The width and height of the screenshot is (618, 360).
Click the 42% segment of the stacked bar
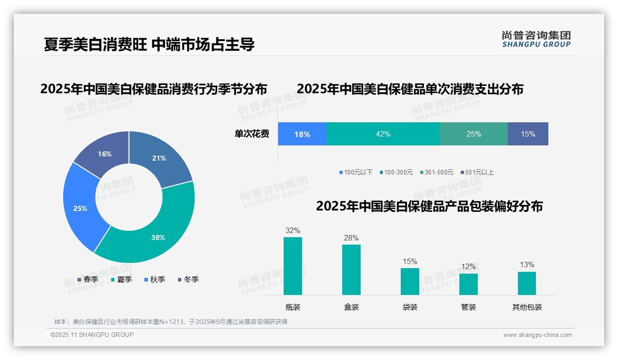[x=383, y=134]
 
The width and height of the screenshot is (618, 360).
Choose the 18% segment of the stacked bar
[x=302, y=134]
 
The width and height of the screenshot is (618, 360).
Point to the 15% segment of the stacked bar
[x=528, y=134]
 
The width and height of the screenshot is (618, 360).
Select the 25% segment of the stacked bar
[x=474, y=134]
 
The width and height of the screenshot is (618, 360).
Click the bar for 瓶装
[x=293, y=266]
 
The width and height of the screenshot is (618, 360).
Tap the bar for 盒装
[x=351, y=270]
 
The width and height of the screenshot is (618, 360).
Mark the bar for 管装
[x=469, y=284]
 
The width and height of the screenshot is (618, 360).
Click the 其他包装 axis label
[x=527, y=307]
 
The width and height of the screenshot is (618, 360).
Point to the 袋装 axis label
[x=410, y=307]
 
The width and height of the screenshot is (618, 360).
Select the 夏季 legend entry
[x=122, y=279]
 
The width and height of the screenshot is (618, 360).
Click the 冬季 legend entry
[x=188, y=279]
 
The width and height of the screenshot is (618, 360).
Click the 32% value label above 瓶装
[x=293, y=230]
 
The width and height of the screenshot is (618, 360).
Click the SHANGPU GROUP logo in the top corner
[x=536, y=39]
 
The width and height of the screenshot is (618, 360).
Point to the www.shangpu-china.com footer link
[x=537, y=335]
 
